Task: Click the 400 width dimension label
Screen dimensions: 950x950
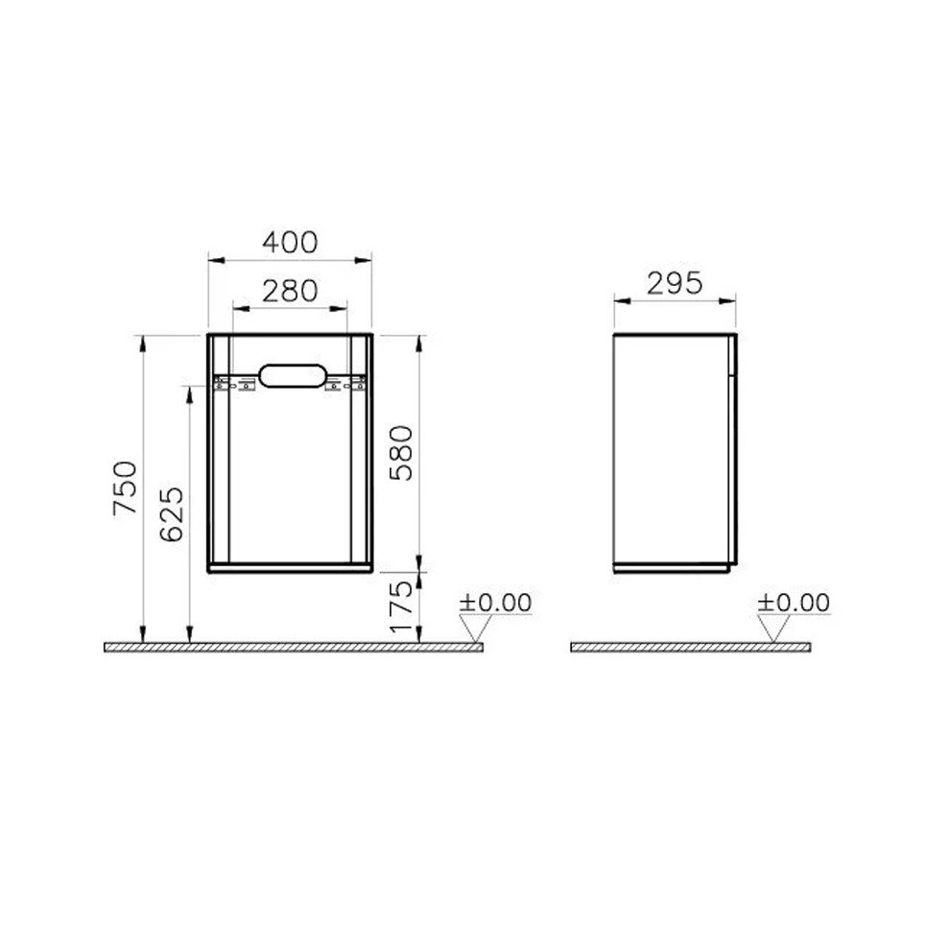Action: click(x=290, y=243)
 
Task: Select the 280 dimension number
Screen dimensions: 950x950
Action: click(x=290, y=292)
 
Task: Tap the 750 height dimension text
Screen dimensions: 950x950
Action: click(x=126, y=487)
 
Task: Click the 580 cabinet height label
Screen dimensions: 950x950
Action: click(x=400, y=453)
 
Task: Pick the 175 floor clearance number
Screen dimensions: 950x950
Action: click(x=400, y=607)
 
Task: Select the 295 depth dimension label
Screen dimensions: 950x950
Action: click(x=675, y=283)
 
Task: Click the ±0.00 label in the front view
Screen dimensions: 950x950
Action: click(x=495, y=603)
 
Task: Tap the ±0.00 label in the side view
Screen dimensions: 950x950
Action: click(x=793, y=603)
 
